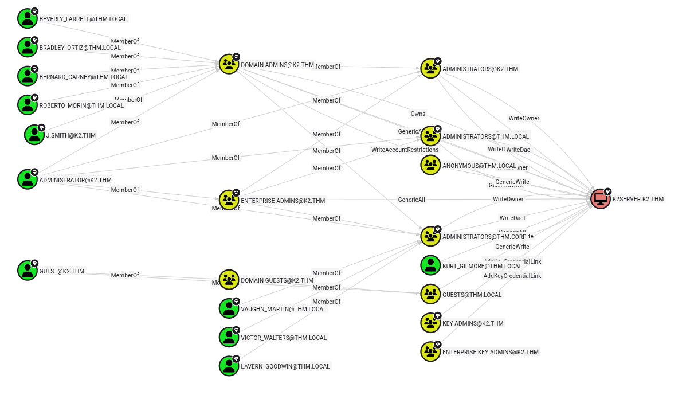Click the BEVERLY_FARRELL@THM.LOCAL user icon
point(27,18)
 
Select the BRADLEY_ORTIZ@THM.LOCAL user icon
point(27,47)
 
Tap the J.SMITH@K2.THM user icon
point(34,135)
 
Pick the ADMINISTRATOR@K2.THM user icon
point(27,179)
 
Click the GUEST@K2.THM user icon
point(27,271)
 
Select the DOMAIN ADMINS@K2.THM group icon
point(229,64)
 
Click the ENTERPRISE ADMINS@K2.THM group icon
point(229,200)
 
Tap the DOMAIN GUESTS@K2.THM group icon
point(229,280)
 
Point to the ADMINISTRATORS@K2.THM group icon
point(430,68)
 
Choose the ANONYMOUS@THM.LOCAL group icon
point(430,165)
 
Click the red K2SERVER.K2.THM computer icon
point(601,199)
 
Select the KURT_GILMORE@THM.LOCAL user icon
point(430,265)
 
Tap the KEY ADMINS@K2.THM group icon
point(430,323)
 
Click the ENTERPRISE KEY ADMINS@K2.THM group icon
point(430,351)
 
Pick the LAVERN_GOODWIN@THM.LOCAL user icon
point(229,366)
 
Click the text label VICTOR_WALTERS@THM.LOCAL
point(284,338)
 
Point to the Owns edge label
point(418,114)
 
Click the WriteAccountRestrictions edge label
point(405,150)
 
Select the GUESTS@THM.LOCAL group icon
point(430,294)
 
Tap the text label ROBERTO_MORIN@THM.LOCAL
point(81,105)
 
